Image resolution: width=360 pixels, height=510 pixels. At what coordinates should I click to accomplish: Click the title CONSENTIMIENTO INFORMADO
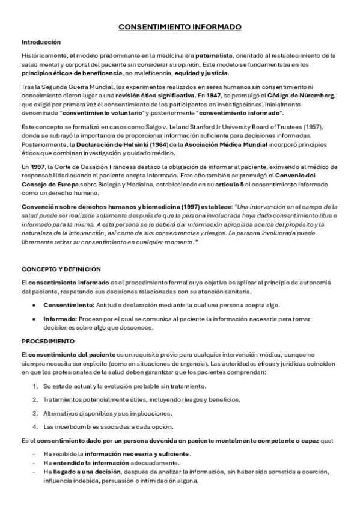(180, 28)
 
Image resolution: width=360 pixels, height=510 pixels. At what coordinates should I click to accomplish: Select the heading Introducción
(41, 43)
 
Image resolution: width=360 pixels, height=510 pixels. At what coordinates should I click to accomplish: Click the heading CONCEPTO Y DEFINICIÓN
(61, 269)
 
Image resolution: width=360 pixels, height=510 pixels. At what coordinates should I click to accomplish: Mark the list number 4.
(35, 427)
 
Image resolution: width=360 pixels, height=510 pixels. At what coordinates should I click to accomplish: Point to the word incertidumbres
(75, 427)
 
